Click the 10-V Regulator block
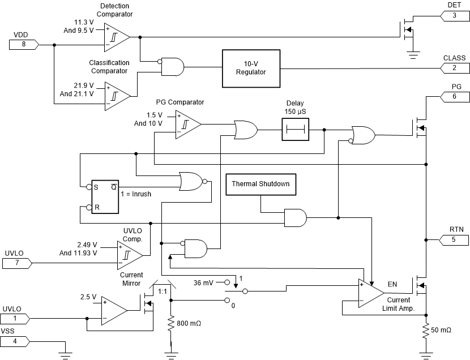[x=251, y=68]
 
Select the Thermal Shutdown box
[x=260, y=185]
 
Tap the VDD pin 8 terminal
[x=20, y=44]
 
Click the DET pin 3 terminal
[x=454, y=15]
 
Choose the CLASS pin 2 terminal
[x=454, y=67]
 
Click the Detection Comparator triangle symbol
[x=116, y=37]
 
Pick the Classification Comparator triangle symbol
[x=116, y=95]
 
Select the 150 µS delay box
[x=295, y=131]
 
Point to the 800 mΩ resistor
[x=170, y=324]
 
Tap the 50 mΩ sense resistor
[x=425, y=331]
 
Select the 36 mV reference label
[x=204, y=282]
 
